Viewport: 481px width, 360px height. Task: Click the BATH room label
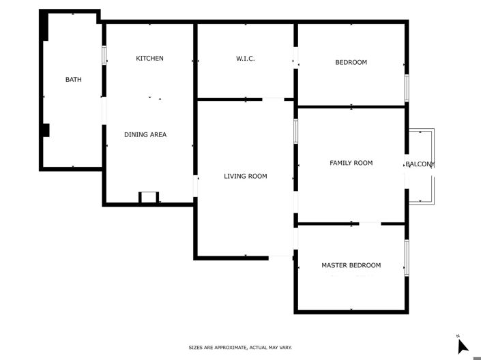[x=73, y=80]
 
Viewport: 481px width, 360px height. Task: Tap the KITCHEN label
[x=149, y=59]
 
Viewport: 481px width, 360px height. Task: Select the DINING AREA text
[x=145, y=135]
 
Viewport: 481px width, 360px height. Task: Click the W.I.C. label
[x=246, y=59]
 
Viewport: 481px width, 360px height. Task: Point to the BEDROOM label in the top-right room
[x=351, y=63]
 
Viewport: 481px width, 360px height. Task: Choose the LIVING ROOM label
[x=246, y=177]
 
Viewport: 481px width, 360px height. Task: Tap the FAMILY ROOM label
[x=351, y=164]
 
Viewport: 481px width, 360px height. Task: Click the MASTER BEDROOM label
[x=351, y=265]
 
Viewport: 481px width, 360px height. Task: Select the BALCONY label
[x=420, y=165]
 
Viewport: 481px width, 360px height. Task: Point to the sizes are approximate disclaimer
[x=240, y=348]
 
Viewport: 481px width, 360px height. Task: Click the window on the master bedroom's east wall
[x=407, y=258]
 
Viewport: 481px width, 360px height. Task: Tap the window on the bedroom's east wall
[x=407, y=87]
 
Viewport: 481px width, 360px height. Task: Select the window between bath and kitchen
[x=104, y=55]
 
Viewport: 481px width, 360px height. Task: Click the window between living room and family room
[x=295, y=132]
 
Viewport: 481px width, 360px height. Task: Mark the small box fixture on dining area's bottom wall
[x=148, y=198]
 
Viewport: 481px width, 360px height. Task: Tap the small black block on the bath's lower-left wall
[x=45, y=130]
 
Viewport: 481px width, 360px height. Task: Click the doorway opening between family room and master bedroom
[x=370, y=223]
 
